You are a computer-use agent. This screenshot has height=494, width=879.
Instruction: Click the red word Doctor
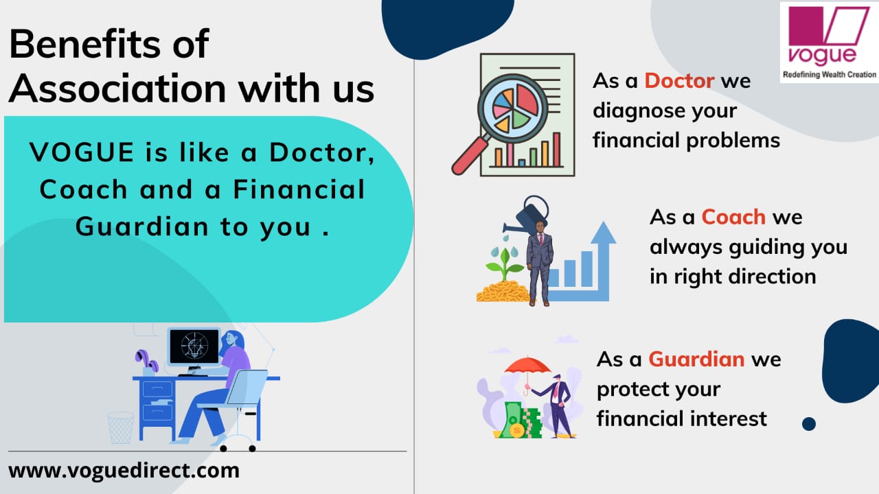pos(679,81)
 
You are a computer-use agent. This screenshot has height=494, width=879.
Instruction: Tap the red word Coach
pos(733,217)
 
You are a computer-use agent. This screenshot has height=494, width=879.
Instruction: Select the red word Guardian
pos(696,359)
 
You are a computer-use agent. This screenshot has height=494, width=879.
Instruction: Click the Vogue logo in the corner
pos(829,42)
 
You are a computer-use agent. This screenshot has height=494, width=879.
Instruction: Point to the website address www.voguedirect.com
pos(124,471)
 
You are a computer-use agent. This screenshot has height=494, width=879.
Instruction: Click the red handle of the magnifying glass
pos(470,155)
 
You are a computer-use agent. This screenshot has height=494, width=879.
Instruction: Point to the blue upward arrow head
pos(603,233)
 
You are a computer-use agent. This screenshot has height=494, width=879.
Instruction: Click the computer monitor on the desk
pos(194,348)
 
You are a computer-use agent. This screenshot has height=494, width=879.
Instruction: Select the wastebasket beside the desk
pos(120,427)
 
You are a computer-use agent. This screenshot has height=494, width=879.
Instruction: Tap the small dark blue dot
pos(809,424)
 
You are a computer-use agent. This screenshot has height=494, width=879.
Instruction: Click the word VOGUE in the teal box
pos(82,152)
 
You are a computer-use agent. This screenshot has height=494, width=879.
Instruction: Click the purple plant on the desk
pos(147,361)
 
